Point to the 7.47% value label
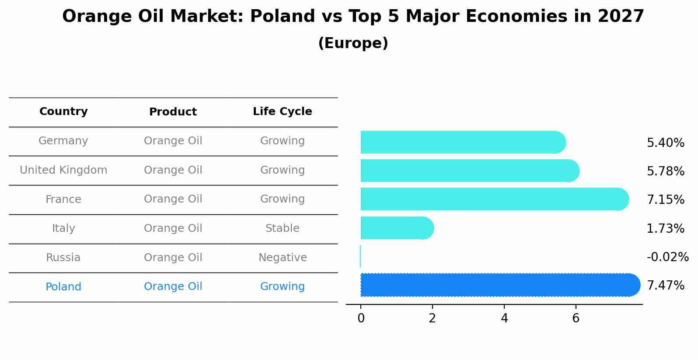coord(665,286)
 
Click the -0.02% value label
coord(667,257)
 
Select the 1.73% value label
coord(665,228)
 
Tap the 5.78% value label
coord(665,171)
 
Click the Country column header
coord(63,112)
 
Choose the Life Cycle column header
coord(282,112)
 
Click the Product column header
coord(173,112)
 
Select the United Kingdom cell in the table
coord(63,170)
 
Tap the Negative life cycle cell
coord(283,258)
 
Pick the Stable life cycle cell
coord(282,228)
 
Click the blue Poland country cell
coord(63,287)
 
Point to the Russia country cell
coord(63,258)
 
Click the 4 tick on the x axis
coord(504,318)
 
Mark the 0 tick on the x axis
coord(361,318)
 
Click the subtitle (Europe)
coord(353,43)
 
